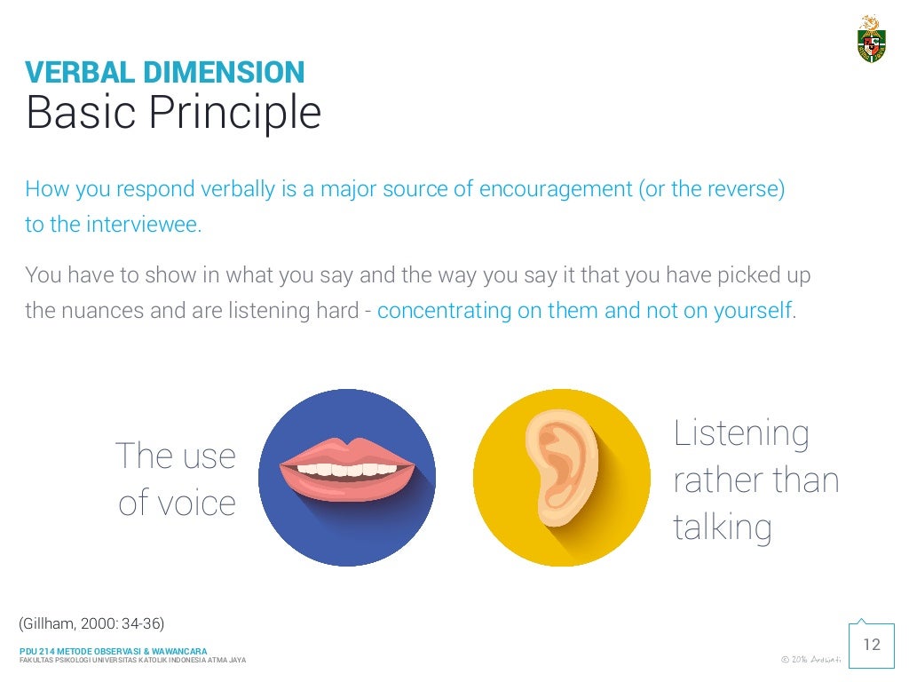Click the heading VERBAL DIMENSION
[x=164, y=72]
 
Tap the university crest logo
[x=871, y=40]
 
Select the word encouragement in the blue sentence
[x=555, y=190]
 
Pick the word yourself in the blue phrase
[x=753, y=311]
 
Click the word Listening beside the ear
[x=741, y=433]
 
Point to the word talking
[x=723, y=527]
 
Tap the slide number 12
[x=872, y=645]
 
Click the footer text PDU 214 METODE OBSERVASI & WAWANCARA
[x=113, y=652]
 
